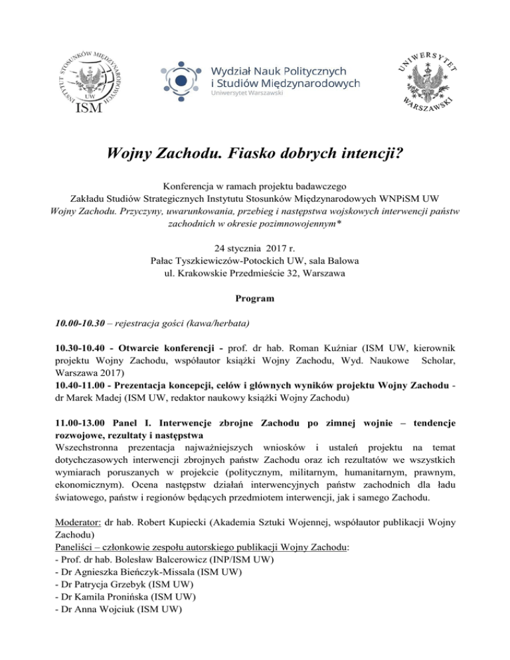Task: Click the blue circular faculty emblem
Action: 181,81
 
